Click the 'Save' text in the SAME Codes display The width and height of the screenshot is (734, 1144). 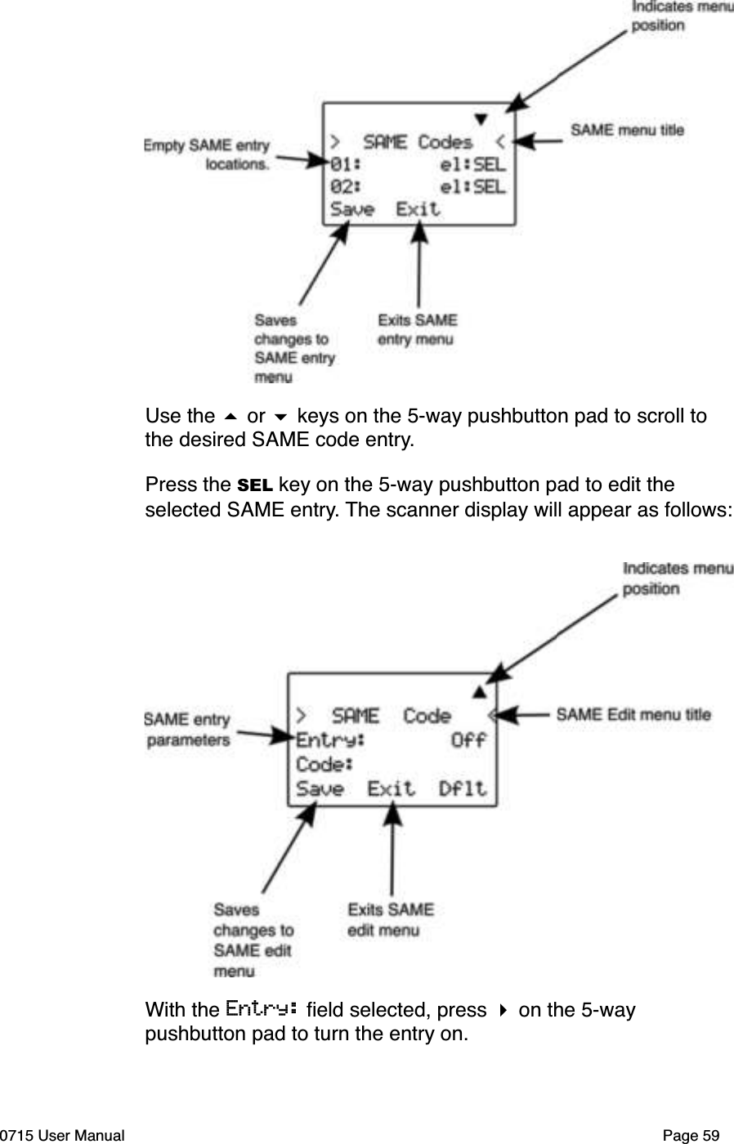coord(351,209)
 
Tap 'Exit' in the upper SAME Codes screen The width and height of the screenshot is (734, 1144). coord(418,209)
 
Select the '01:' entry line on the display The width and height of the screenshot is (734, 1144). coord(342,164)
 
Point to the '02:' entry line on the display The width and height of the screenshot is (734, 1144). coord(342,187)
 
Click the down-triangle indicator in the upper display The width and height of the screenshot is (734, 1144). coord(481,118)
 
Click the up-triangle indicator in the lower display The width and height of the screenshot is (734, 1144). coord(480,692)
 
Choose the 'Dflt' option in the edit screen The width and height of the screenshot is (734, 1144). coord(463,789)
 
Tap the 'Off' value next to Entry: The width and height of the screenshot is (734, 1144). coord(468,740)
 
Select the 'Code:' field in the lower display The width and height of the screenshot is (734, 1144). coord(324,765)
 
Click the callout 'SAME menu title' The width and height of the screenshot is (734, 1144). coord(627,130)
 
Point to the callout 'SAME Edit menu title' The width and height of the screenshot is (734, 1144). coord(633,714)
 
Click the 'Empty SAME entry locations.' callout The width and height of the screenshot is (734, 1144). coord(208,154)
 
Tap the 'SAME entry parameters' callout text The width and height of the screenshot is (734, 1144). coord(188,730)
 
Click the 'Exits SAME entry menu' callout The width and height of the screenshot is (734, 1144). coord(417,329)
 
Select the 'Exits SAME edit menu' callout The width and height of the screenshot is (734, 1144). coord(391,919)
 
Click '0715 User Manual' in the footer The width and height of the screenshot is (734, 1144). coord(63,1135)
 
